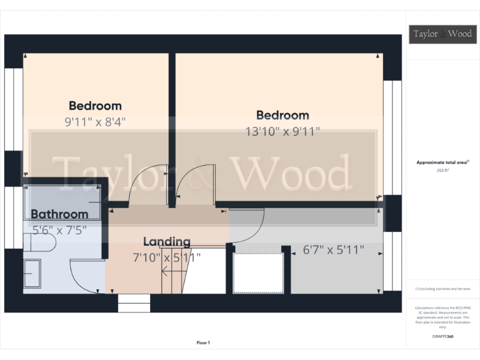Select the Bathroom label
pyautogui.click(x=59, y=214)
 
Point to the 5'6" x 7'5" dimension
pyautogui.click(x=59, y=229)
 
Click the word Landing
pyautogui.click(x=166, y=242)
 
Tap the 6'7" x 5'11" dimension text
pyautogui.click(x=333, y=251)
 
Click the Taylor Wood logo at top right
pyautogui.click(x=441, y=34)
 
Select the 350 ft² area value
pyautogui.click(x=443, y=169)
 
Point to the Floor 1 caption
pyautogui.click(x=203, y=342)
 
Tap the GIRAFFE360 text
pyautogui.click(x=442, y=336)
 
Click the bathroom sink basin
pyautogui.click(x=32, y=275)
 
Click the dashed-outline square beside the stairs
pyautogui.click(x=258, y=272)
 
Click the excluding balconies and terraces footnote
pyautogui.click(x=442, y=289)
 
